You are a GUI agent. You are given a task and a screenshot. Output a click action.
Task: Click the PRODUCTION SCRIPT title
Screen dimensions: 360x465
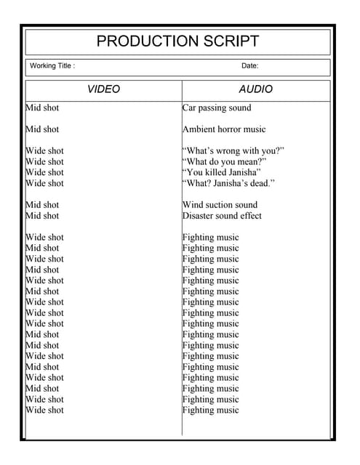[x=177, y=41]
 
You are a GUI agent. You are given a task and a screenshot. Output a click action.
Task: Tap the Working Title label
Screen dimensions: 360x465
[x=52, y=66]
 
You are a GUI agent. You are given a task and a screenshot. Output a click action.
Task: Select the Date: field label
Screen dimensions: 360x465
[x=249, y=66]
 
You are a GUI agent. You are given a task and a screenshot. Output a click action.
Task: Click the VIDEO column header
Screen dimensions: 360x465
[x=103, y=89]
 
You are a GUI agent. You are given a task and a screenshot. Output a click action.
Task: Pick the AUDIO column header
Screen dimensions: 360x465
[x=255, y=89]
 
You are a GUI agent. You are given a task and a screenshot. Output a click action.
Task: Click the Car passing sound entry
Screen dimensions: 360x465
[x=217, y=108]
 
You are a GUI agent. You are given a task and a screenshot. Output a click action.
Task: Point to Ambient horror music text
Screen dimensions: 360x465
[x=224, y=129]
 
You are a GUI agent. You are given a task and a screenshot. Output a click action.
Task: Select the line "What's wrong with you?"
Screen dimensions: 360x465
[x=233, y=151]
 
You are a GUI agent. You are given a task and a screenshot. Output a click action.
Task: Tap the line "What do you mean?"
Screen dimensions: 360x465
[x=225, y=162]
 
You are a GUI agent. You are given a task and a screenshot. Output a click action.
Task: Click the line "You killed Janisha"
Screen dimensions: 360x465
[x=222, y=173]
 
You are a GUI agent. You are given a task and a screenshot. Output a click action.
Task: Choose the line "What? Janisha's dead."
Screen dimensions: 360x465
[x=228, y=184]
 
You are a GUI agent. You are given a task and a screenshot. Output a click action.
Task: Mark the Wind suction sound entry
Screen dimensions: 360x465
[x=220, y=205]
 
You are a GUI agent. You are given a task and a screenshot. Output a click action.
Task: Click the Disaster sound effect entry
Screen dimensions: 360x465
[x=222, y=216]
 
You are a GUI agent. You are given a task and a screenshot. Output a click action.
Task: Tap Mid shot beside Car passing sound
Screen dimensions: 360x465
[x=43, y=108]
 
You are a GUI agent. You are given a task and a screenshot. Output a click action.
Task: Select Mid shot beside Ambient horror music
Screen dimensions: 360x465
[x=43, y=129]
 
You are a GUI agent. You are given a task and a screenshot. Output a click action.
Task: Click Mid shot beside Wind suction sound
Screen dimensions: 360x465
[x=43, y=205]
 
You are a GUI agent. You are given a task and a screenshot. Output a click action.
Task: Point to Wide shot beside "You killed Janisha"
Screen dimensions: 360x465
[x=45, y=173]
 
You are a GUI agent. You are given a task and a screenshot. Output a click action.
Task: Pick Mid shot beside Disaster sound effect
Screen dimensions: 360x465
[x=43, y=216]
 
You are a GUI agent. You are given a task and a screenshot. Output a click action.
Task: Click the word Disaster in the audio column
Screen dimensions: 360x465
[x=199, y=216]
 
